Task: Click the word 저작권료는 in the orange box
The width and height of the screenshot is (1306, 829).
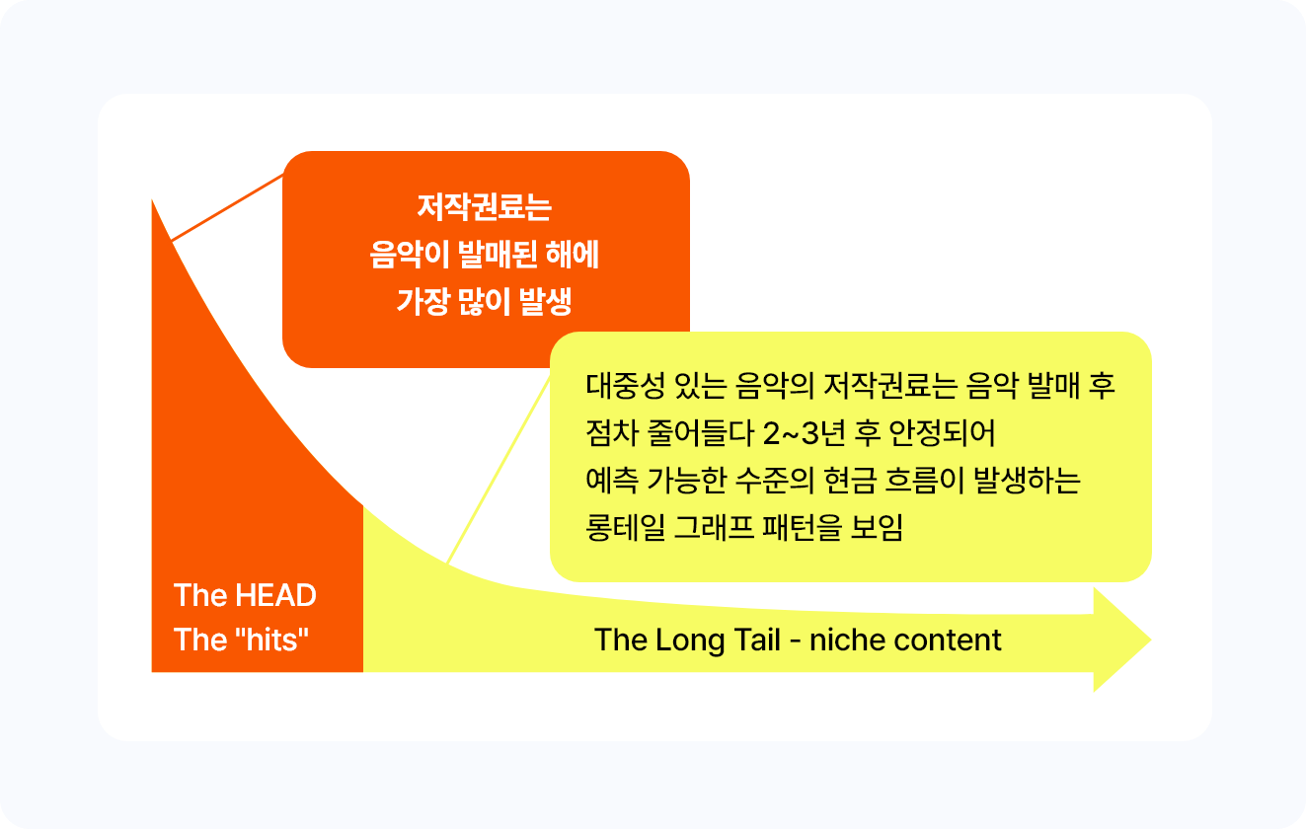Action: (x=484, y=207)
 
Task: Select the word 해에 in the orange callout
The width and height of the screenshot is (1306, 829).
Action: (x=572, y=255)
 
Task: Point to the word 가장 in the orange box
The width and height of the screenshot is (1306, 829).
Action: (x=423, y=301)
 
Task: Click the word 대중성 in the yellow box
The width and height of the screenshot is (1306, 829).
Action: (x=625, y=386)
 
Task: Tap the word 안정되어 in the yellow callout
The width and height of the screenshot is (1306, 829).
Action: (x=942, y=433)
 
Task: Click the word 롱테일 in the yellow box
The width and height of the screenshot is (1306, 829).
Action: (x=625, y=527)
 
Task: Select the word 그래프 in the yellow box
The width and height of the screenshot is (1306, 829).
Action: (x=713, y=527)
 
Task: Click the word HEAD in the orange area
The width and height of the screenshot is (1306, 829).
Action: (x=275, y=595)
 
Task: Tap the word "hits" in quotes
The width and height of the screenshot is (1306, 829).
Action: (x=271, y=640)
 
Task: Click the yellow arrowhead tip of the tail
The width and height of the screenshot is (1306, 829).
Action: (x=1150, y=640)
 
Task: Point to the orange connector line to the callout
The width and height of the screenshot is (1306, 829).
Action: (x=227, y=207)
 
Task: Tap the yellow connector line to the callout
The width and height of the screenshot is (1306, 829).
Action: (x=499, y=470)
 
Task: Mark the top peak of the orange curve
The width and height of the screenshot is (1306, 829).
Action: (x=152, y=200)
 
